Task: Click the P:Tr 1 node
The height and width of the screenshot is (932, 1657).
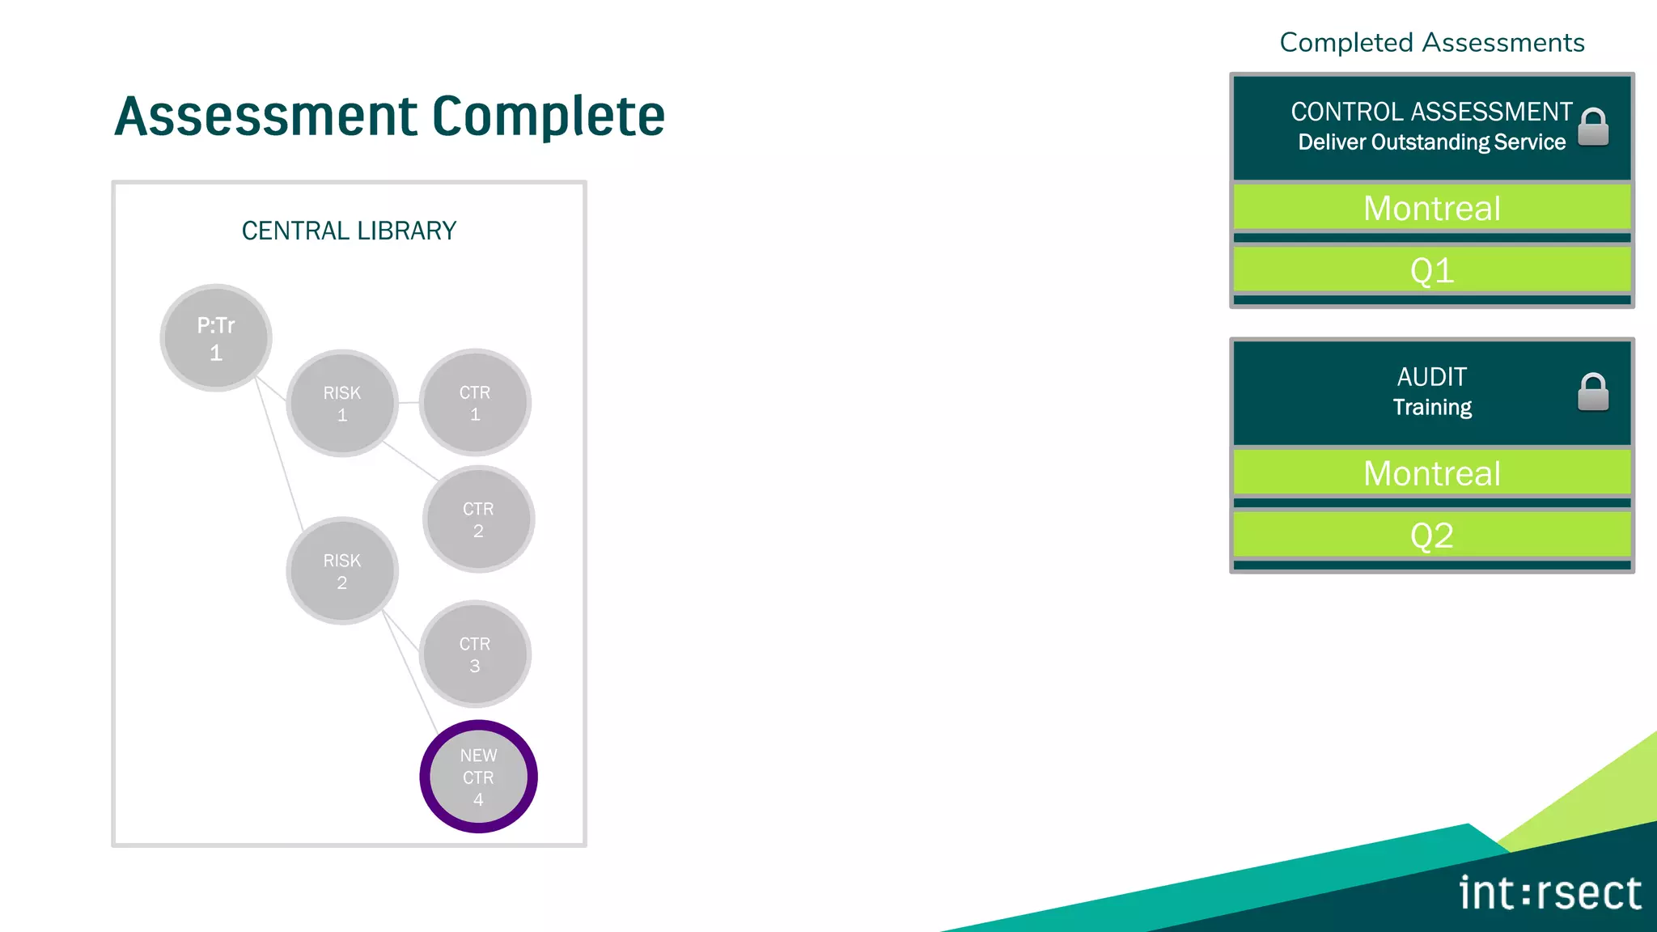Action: tap(216, 338)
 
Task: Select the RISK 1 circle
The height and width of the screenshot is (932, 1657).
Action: tap(342, 403)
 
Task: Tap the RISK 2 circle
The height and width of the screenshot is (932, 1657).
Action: tap(342, 570)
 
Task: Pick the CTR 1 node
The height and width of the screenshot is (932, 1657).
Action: tap(475, 403)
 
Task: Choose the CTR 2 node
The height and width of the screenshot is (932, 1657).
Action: tap(478, 519)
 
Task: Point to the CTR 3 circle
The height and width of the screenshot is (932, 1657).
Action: tap(475, 655)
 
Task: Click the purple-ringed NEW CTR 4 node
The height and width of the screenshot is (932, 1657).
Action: tap(478, 777)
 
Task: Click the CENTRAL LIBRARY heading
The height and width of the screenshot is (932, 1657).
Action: tap(349, 231)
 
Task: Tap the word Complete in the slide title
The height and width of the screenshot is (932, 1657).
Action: tap(549, 116)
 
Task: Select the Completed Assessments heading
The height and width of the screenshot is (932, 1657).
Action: tap(1431, 42)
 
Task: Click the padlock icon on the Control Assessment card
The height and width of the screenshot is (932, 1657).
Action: tap(1593, 127)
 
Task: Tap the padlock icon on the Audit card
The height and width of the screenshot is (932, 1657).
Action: tap(1593, 392)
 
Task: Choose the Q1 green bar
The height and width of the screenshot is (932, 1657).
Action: tap(1431, 270)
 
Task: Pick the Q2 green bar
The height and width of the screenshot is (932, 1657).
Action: tap(1431, 536)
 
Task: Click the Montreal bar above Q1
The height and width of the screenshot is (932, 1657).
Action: tap(1431, 208)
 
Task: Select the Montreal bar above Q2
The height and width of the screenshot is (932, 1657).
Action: tap(1431, 473)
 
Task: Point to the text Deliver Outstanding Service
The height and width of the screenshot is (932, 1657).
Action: tap(1431, 142)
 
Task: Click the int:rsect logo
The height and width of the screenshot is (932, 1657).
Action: tap(1549, 893)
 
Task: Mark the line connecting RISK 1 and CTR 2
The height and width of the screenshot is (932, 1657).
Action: tap(411, 461)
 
